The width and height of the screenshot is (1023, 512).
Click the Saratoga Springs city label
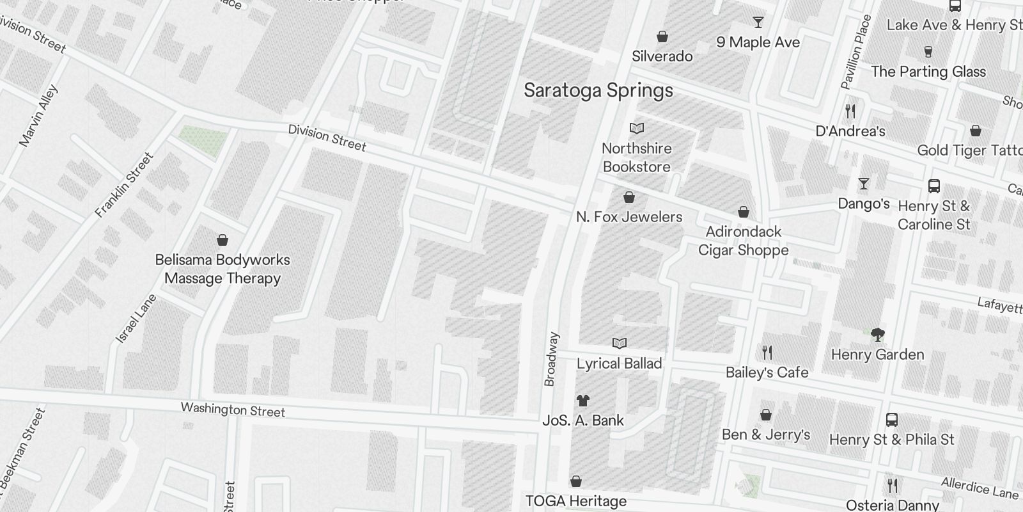point(598,90)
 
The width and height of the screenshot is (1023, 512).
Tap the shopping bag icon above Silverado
point(662,36)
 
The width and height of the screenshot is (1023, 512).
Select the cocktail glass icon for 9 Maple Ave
point(758,22)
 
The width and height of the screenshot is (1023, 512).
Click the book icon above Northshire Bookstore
point(636,129)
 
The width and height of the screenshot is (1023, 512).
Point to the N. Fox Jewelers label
point(629,217)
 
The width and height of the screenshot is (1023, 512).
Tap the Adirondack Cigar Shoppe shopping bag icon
point(743,212)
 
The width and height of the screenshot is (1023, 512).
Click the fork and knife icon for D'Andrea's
point(850,111)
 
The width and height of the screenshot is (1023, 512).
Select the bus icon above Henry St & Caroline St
point(933,186)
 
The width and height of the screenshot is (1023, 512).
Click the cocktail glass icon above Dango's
point(864,184)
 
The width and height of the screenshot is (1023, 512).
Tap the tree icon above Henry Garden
point(877,334)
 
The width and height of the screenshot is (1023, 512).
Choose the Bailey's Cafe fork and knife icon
point(767,352)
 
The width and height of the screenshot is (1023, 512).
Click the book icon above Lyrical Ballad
point(619,344)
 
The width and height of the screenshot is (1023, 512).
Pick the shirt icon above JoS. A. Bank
point(582,401)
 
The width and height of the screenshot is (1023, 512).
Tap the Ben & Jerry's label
point(765,435)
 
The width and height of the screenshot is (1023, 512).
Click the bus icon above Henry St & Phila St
point(892,420)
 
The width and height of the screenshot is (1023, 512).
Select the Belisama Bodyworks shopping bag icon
point(223,240)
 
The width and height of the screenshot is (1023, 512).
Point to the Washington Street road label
point(233,410)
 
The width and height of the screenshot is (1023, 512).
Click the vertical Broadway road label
point(551,359)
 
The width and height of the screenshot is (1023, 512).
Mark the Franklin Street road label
point(124,185)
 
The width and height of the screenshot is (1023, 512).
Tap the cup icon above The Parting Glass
point(928,52)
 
